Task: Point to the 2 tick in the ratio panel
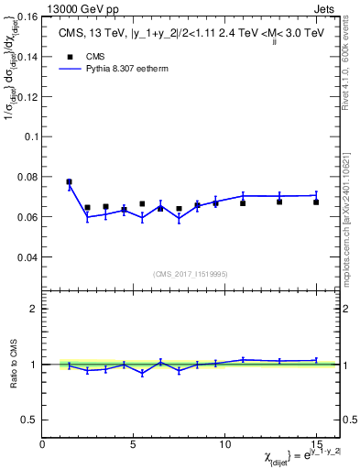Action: pos(34,309)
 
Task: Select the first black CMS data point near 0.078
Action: pos(69,181)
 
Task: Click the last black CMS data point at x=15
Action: pos(316,202)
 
